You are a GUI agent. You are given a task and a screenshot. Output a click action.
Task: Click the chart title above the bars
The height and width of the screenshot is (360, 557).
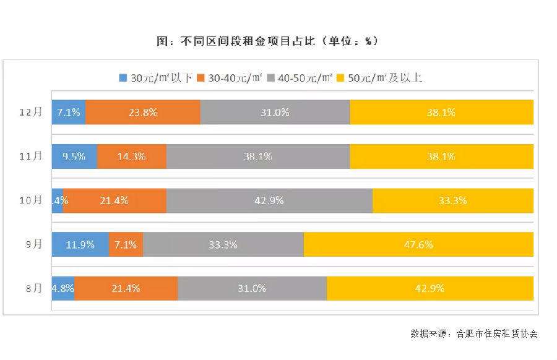pos(267,41)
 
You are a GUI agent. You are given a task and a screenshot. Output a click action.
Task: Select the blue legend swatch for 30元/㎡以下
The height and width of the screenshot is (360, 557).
pos(123,78)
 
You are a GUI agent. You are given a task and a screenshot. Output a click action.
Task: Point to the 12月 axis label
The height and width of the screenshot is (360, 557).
pos(30,112)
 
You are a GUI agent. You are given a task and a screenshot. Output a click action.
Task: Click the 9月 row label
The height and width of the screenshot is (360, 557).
pos(33,244)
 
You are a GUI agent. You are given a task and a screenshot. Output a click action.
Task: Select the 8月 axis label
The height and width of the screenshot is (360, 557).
pos(33,288)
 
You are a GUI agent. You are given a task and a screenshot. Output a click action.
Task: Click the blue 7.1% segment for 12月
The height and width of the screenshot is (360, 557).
pos(68,112)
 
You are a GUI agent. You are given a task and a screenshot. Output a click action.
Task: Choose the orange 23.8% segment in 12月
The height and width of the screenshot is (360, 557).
pos(142,112)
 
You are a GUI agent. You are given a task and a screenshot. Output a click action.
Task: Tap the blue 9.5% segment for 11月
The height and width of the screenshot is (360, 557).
pos(74,156)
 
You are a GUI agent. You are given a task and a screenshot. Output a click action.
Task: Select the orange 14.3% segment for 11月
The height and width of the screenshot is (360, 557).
pos(131,156)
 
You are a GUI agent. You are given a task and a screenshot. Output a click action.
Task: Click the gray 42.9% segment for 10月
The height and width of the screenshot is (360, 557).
pos(269,200)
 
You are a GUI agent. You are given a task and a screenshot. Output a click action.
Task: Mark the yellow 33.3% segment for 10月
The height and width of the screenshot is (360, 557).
pos(452,200)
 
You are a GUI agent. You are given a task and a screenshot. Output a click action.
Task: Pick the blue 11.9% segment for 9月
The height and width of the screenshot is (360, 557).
pos(80,244)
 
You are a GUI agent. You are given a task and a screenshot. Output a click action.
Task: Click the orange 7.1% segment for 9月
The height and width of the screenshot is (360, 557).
pos(126,244)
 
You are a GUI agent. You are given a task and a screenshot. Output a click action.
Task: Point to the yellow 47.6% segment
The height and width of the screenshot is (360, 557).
pos(418,244)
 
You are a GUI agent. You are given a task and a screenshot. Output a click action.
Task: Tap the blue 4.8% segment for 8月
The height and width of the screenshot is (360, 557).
pos(63,288)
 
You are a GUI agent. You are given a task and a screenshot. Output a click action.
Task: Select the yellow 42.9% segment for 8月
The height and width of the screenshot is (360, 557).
pos(430,288)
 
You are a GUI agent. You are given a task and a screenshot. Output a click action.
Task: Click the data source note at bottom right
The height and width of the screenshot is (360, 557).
pos(473,333)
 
